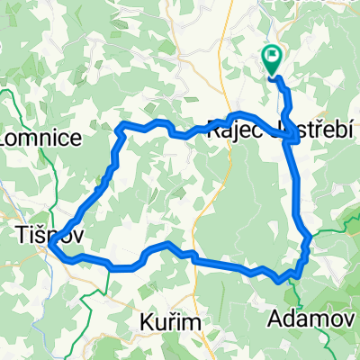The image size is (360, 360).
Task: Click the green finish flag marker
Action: click(x=273, y=60)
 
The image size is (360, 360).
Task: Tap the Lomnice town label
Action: click(x=42, y=138)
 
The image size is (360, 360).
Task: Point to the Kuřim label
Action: click(x=168, y=321)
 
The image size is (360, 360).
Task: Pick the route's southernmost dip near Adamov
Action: click(x=285, y=279)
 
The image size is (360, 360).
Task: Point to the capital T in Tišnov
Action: click(x=22, y=235)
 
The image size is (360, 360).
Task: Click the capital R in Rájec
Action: click(x=213, y=130)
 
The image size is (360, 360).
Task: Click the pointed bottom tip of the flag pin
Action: click(x=273, y=76)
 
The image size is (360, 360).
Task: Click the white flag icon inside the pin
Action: click(x=273, y=58)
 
